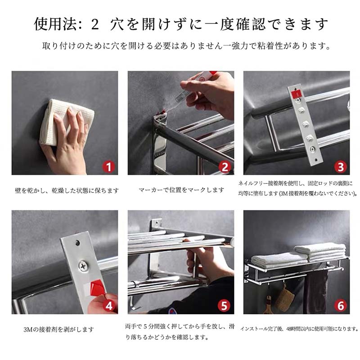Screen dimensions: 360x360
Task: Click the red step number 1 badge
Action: (108, 166)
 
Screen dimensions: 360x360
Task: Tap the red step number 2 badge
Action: (225, 166)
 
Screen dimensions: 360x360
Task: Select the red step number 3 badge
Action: (341, 166)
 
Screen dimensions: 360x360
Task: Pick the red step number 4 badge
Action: (108, 306)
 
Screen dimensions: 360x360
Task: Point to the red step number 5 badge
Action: (224, 306)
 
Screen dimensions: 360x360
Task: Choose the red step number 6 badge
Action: (341, 306)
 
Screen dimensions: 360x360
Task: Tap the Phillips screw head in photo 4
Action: (83, 266)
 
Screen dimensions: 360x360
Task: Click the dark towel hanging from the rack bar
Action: (316, 292)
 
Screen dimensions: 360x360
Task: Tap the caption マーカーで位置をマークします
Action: (181, 190)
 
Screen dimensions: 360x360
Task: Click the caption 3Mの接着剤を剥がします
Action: (59, 329)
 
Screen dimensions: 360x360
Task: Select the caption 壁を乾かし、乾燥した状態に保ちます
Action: (67, 190)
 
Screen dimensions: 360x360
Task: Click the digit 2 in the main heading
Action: (95, 25)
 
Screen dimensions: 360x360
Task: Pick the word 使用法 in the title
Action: (55, 24)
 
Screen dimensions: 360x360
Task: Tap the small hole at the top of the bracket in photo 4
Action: (78, 243)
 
